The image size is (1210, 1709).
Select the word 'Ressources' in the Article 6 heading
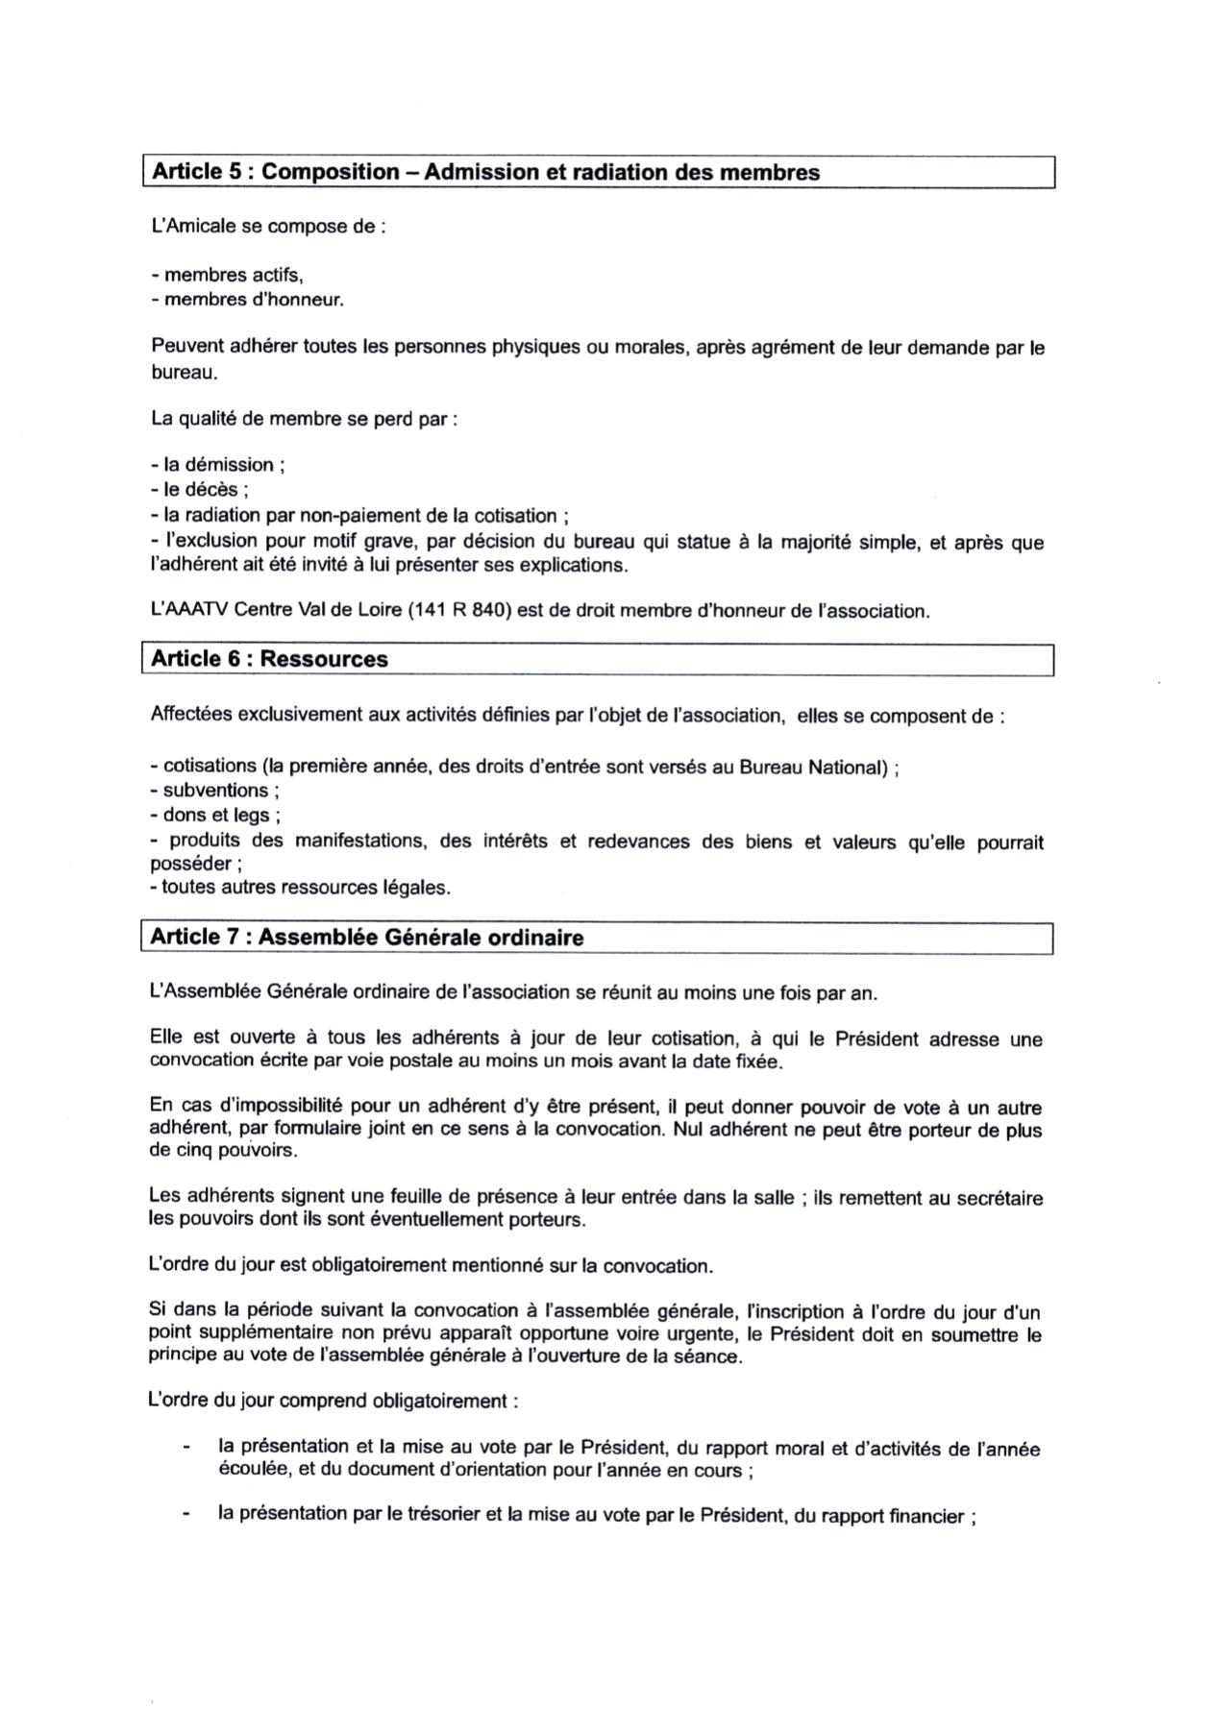click(324, 659)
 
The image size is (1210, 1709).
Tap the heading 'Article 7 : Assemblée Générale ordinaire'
click(367, 938)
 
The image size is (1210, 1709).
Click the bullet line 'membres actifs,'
click(227, 276)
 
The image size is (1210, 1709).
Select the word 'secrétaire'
click(1000, 1198)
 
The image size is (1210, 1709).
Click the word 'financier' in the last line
click(926, 1516)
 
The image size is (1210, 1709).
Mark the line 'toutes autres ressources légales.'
click(300, 888)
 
